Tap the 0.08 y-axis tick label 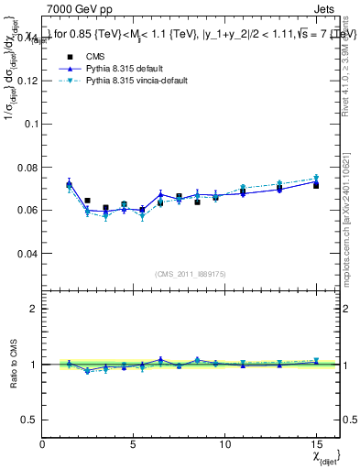point(27,167)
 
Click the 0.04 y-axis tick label point(27,253)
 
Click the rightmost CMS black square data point point(316,185)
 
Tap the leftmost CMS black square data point point(69,185)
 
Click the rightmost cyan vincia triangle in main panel point(316,179)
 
